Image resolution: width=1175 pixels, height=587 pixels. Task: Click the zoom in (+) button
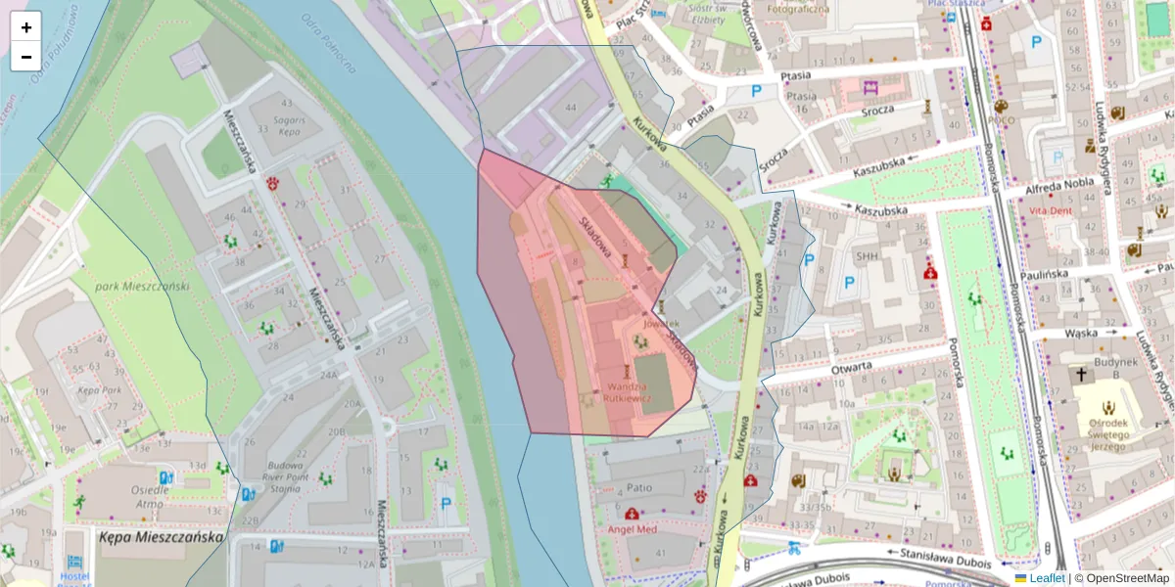26,27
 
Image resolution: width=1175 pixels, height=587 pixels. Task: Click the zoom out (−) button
26,57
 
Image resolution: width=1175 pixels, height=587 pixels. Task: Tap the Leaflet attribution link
1047,578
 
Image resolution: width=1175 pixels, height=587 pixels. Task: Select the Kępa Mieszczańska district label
161,537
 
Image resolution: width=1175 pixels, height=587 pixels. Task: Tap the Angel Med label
633,529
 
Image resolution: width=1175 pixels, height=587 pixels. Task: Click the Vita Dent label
1053,210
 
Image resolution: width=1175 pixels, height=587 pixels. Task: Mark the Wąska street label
1081,333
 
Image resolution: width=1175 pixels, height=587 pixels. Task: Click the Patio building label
639,487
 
